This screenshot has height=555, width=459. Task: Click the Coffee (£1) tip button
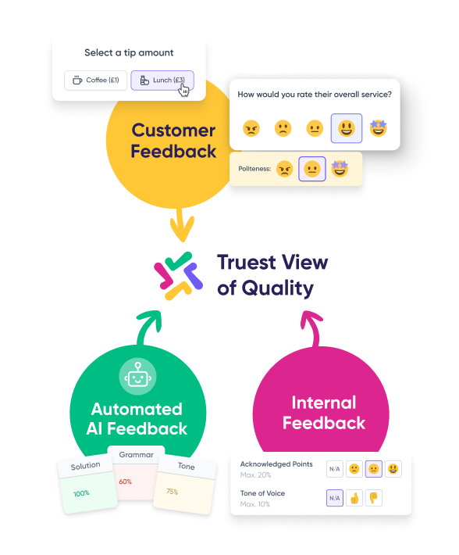pos(95,81)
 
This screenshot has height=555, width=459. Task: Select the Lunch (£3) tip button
pos(162,81)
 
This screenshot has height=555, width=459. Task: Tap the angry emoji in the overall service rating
pos(251,128)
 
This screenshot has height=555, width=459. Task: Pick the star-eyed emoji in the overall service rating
pos(378,127)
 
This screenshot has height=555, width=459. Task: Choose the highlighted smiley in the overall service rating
pos(347,128)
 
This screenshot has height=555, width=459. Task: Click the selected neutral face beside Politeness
pos(312,169)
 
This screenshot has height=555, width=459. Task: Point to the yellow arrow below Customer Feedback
pos(183,225)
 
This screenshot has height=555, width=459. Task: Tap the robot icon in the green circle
pos(137,376)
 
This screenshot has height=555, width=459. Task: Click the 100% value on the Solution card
pos(81,493)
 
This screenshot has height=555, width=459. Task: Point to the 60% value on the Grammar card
pos(126,482)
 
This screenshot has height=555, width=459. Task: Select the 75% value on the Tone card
pos(173,492)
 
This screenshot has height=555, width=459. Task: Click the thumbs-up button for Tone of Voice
pos(354,498)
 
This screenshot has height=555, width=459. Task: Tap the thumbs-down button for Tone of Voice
pos(373,498)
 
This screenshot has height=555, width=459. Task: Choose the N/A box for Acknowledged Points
pos(335,469)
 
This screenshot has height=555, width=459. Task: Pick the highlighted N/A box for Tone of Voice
pos(335,498)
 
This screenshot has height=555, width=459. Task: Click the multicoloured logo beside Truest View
pos(179,276)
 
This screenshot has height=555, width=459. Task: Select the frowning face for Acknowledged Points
pos(354,469)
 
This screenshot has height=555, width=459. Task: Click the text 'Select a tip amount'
pos(129,52)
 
